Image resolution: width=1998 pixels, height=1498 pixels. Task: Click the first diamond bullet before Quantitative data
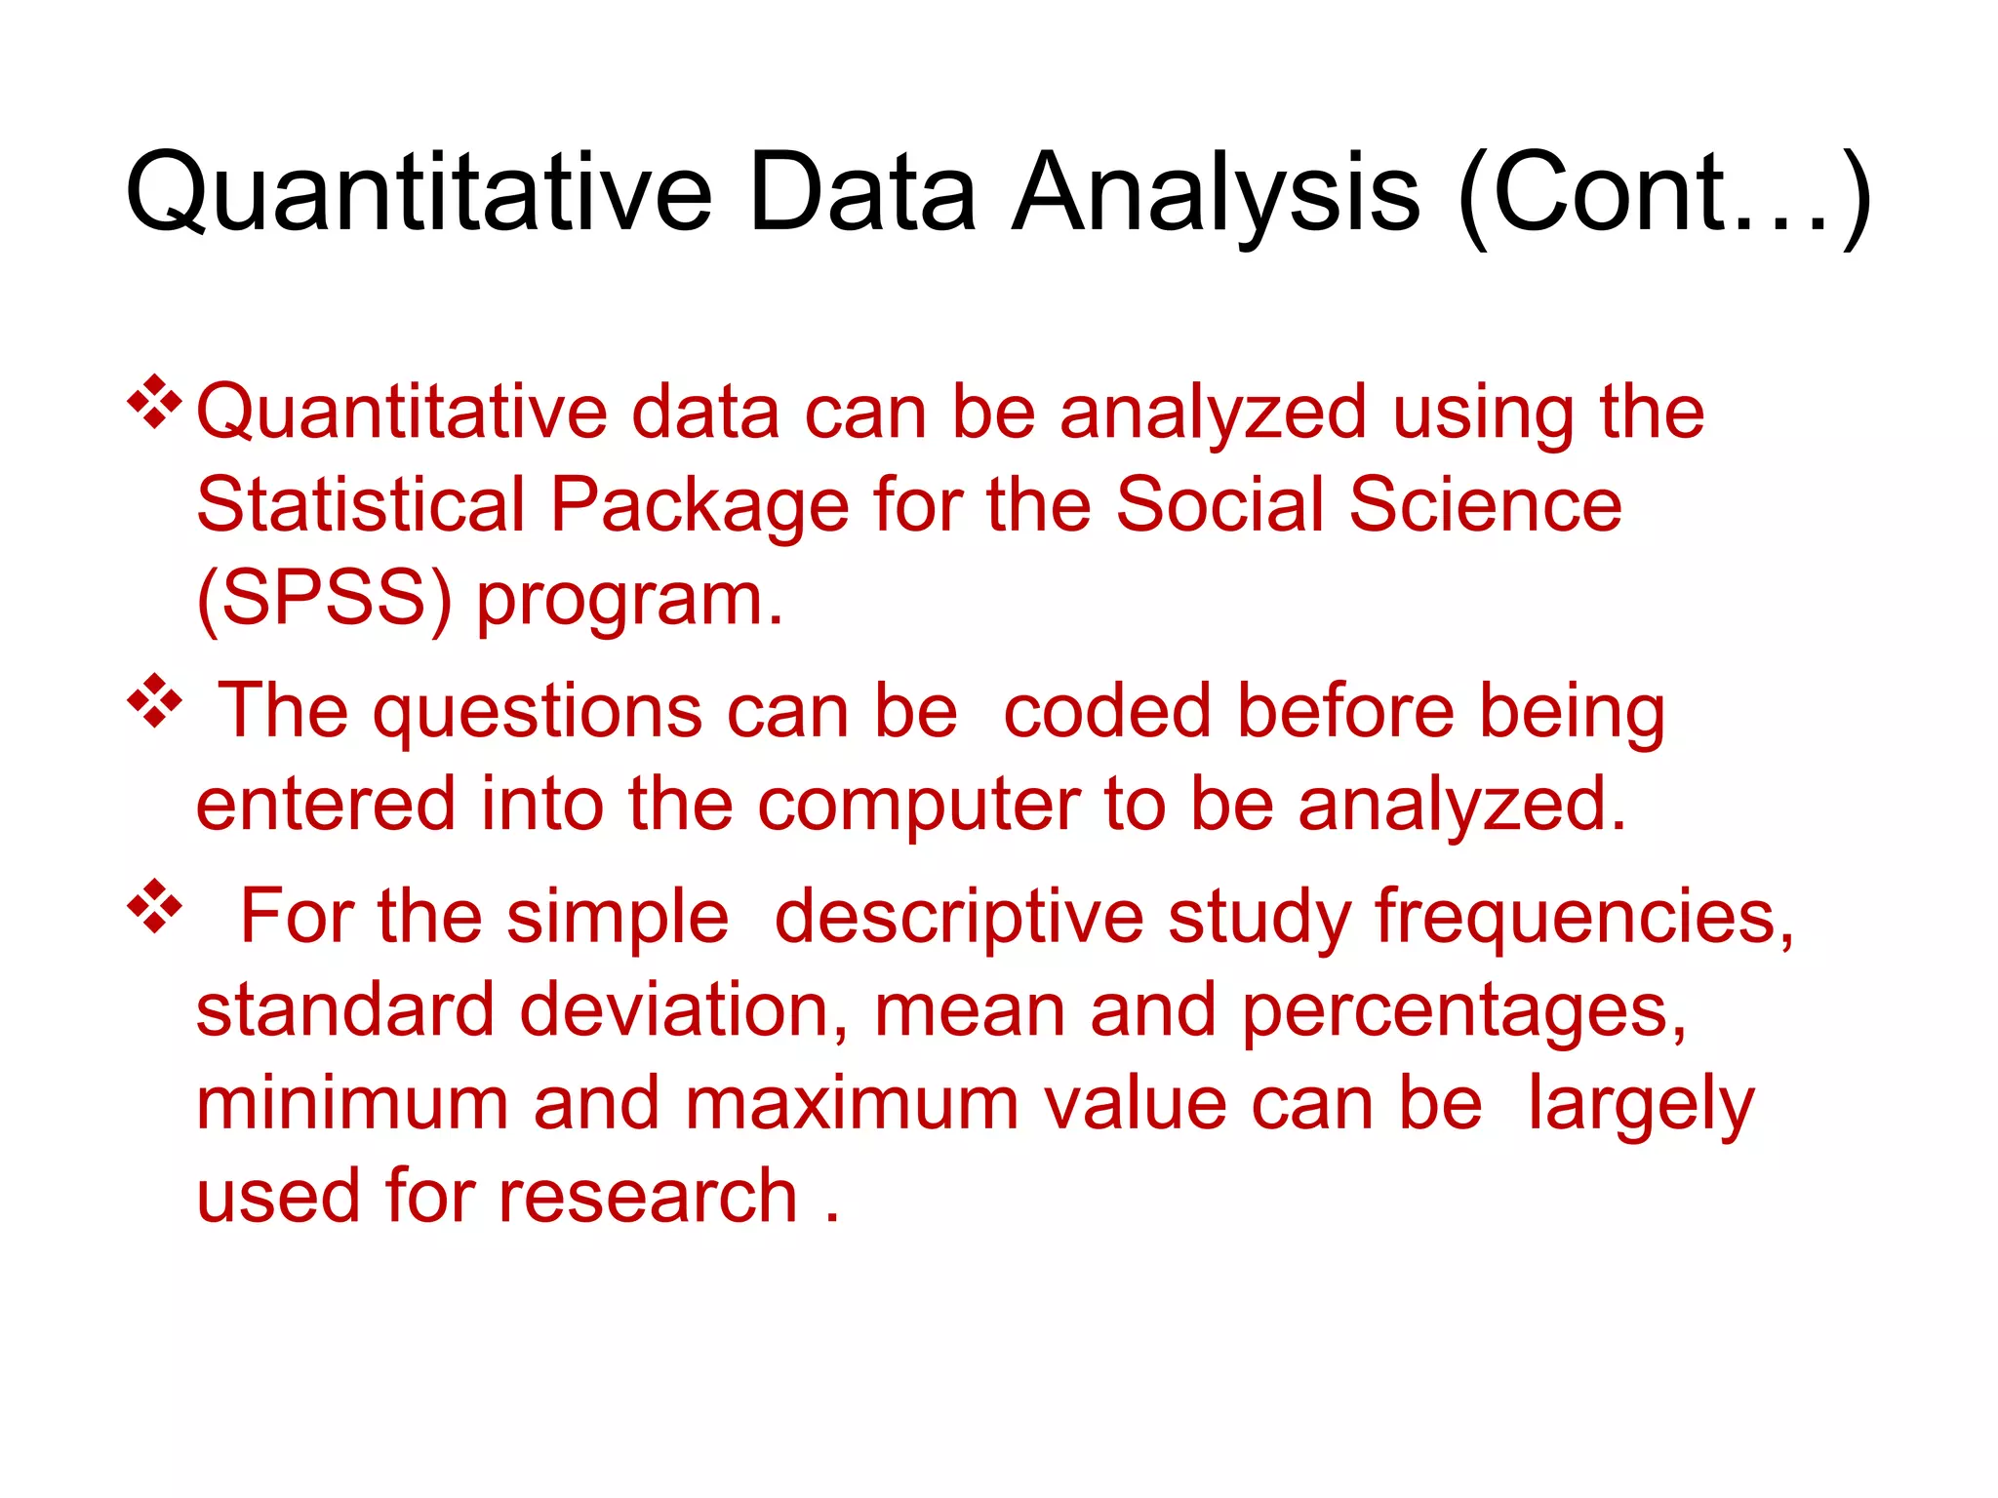click(x=154, y=401)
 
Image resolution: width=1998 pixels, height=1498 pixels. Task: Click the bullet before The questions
click(x=154, y=700)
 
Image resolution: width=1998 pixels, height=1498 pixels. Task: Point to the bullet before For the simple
click(x=154, y=906)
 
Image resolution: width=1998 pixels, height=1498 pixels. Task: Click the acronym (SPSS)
click(x=325, y=598)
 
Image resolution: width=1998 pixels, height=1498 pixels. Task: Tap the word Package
click(x=699, y=505)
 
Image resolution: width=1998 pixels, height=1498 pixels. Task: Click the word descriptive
click(x=959, y=918)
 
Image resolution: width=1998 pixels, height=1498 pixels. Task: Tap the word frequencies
click(x=1583, y=918)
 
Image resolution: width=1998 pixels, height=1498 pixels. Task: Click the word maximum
click(x=852, y=1104)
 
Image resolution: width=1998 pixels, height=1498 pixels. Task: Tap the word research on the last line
click(x=649, y=1197)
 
